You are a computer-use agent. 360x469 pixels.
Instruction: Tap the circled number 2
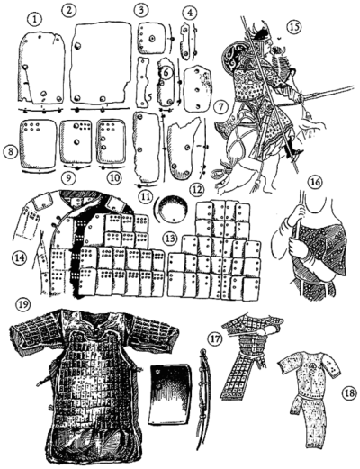67,10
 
